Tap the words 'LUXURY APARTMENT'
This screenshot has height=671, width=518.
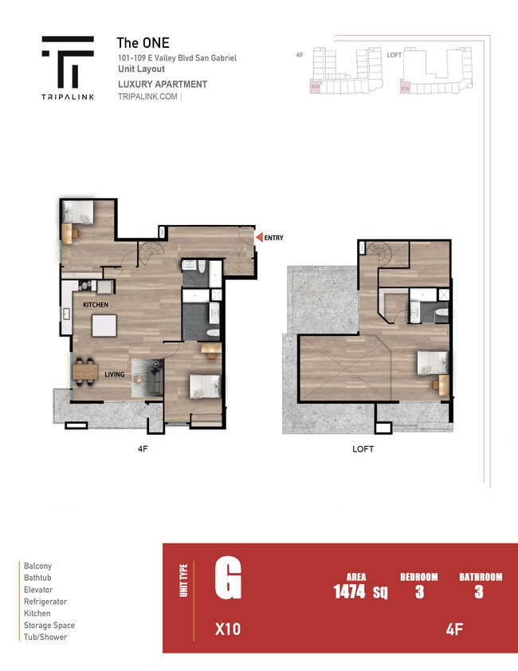[x=163, y=84]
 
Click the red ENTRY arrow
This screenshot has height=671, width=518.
[x=258, y=237]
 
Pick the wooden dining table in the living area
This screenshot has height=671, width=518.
[x=87, y=371]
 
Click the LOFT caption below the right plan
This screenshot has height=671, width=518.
[x=363, y=449]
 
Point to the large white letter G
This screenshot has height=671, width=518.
[x=227, y=579]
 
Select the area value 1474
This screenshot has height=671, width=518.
[x=349, y=592]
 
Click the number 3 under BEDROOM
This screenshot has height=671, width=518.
[x=419, y=593]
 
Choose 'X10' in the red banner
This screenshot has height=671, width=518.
[x=228, y=630]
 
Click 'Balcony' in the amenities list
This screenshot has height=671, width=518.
[x=37, y=566]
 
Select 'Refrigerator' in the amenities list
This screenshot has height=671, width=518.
[x=45, y=602]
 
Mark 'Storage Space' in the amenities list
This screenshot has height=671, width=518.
[x=49, y=626]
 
